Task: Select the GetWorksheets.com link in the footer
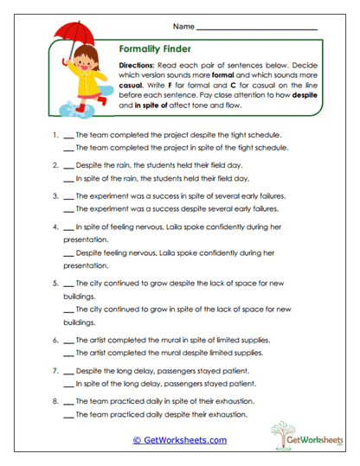(180, 440)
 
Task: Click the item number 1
(55, 136)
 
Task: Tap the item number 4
(55, 227)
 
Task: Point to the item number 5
(55, 284)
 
